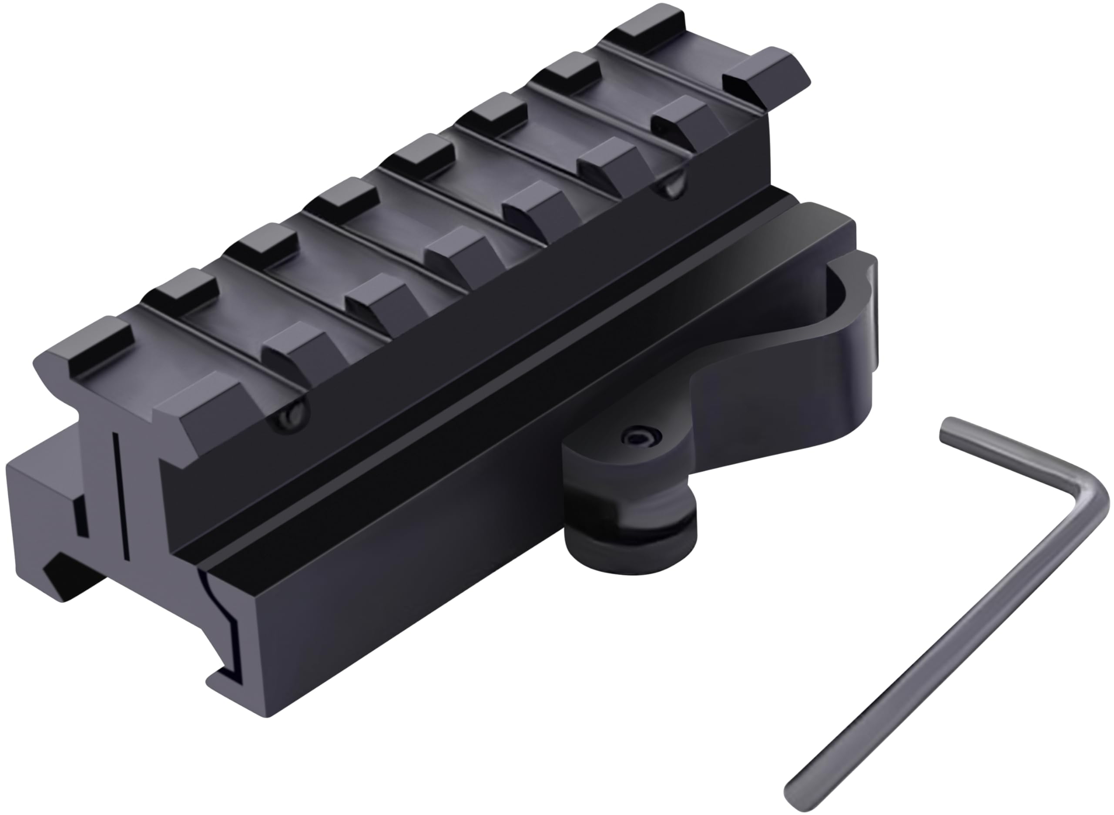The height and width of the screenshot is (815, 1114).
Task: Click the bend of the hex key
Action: [1087, 494]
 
